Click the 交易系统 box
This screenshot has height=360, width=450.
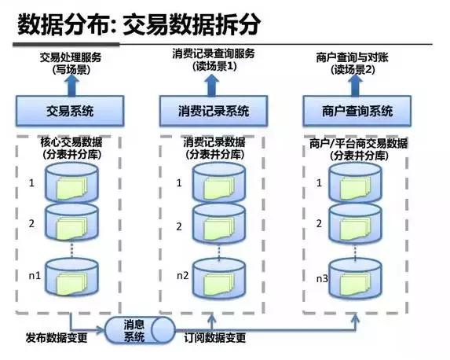click(70, 111)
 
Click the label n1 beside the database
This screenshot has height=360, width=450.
click(33, 275)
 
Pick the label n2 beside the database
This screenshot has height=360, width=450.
click(181, 275)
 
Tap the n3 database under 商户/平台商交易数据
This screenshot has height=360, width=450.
click(359, 277)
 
